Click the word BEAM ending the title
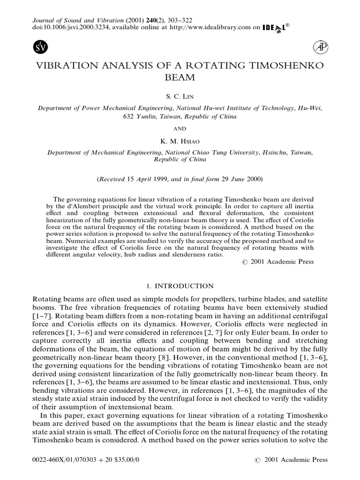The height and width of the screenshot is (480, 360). click(180, 77)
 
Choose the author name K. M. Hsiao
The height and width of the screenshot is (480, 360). click(180, 140)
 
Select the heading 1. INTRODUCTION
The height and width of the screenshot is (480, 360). click(180, 286)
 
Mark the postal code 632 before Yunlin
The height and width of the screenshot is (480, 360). click(128, 116)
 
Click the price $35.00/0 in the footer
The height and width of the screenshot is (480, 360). click(116, 460)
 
